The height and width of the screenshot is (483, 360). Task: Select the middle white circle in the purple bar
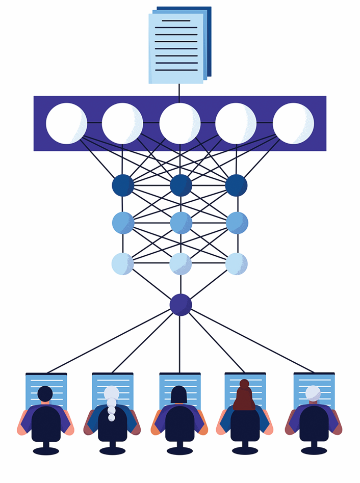coord(179,123)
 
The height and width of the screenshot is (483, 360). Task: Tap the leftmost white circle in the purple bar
coord(66,123)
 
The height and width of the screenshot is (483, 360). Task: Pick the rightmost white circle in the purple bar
coord(293,123)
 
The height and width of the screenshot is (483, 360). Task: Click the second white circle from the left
coord(122,123)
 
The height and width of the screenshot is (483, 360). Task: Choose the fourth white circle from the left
coord(236,123)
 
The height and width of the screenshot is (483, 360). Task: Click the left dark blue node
coord(123,185)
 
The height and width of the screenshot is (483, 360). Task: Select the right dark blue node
coord(236,185)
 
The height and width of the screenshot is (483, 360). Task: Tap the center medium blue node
coord(181,223)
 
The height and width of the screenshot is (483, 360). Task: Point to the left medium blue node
coord(123,223)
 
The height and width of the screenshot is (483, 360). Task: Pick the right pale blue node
coord(236,263)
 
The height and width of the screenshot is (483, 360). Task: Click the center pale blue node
coord(181,263)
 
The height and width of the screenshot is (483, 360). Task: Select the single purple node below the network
coord(181,305)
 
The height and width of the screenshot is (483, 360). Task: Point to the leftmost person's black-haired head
coord(45,393)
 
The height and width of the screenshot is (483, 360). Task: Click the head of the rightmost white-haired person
coord(313,393)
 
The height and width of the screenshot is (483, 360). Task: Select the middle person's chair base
coord(179,450)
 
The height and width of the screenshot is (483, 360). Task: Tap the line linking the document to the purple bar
coord(179,90)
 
